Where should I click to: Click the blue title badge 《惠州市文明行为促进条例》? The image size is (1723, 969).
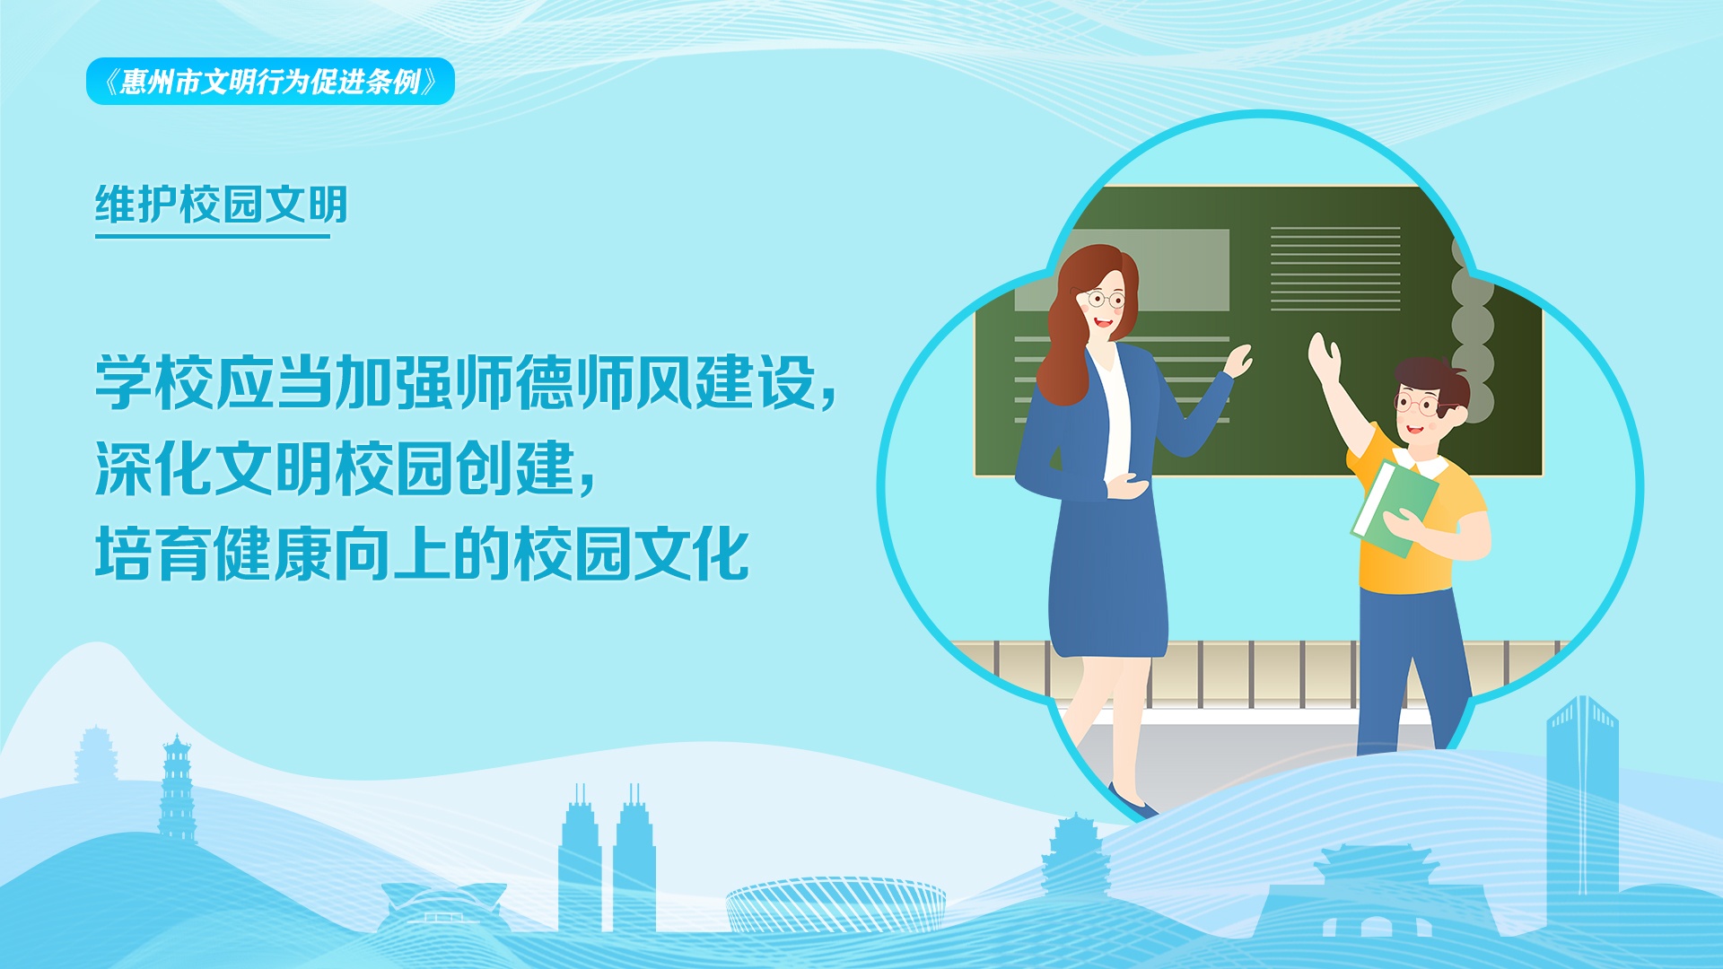click(x=270, y=82)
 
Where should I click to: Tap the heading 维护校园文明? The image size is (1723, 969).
click(x=222, y=205)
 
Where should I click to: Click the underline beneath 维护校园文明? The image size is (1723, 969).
click(x=213, y=236)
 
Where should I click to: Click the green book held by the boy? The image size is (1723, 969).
click(x=1394, y=509)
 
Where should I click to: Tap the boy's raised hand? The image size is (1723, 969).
click(x=1324, y=357)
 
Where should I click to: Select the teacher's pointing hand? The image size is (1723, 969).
click(x=1238, y=361)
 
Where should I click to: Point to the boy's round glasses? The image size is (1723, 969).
click(x=1418, y=403)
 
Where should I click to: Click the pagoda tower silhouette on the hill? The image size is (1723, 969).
click(x=177, y=790)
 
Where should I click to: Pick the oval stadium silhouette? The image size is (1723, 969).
click(x=835, y=904)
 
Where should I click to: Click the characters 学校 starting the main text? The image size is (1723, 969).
click(x=154, y=383)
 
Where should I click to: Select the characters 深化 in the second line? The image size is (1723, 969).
click(x=154, y=468)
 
